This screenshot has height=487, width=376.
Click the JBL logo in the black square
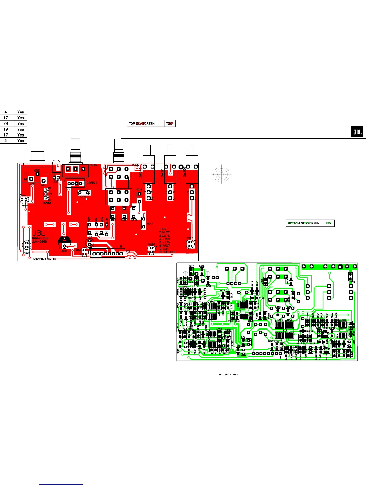click(x=357, y=132)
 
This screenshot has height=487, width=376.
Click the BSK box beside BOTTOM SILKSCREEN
click(x=329, y=223)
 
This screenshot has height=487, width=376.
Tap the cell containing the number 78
click(x=6, y=124)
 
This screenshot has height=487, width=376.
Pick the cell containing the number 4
click(x=6, y=112)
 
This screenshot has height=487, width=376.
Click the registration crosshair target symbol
click(x=221, y=174)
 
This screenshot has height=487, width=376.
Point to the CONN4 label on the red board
click(x=92, y=183)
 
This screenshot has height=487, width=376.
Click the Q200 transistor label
click(x=47, y=203)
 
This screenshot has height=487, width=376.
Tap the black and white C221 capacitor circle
click(x=64, y=242)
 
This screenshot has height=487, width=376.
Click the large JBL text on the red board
click(x=38, y=233)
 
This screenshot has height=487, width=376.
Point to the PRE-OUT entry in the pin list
click(x=169, y=252)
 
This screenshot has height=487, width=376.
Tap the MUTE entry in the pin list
click(x=166, y=232)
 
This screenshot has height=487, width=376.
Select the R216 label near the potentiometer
click(x=93, y=165)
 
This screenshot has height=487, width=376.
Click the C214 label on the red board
click(x=150, y=224)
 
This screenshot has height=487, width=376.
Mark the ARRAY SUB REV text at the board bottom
click(x=45, y=259)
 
